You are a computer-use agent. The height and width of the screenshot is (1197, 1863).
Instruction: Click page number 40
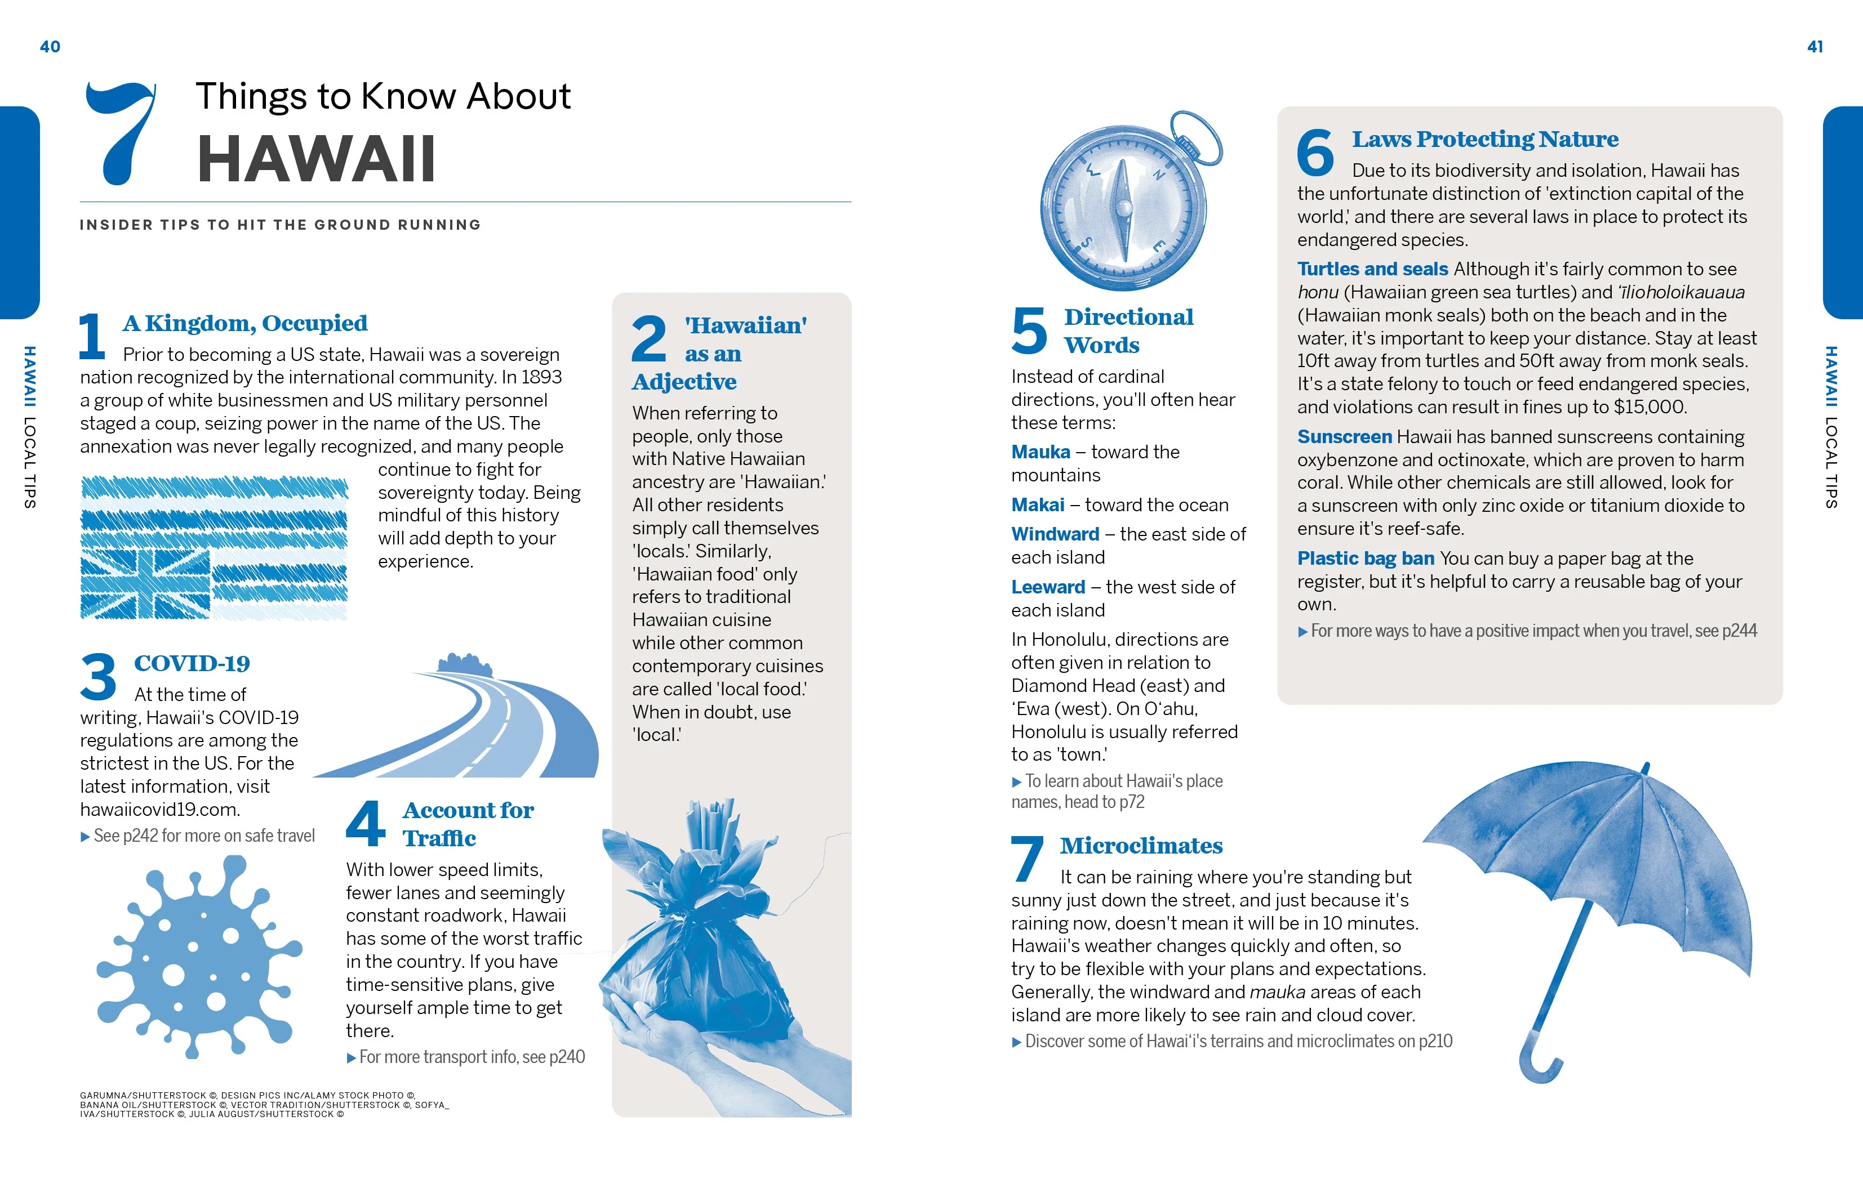pyautogui.click(x=50, y=47)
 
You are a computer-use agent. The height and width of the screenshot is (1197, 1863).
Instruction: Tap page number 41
pyautogui.click(x=1815, y=47)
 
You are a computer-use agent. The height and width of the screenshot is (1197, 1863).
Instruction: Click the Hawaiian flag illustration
pyautogui.click(x=214, y=548)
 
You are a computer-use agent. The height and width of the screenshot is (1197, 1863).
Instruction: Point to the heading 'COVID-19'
pyautogui.click(x=192, y=664)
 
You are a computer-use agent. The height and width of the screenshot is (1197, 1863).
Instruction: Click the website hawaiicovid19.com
pyautogui.click(x=160, y=809)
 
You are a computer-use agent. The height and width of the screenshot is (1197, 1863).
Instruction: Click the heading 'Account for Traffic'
pyautogui.click(x=468, y=824)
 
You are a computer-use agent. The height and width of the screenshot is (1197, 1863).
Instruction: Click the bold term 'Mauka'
pyautogui.click(x=1041, y=452)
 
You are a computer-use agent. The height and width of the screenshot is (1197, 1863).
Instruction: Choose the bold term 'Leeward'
pyautogui.click(x=1047, y=588)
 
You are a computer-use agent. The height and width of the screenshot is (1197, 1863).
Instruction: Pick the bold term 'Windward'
pyautogui.click(x=1055, y=535)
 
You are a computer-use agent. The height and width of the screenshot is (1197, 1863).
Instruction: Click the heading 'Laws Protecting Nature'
pyautogui.click(x=1484, y=139)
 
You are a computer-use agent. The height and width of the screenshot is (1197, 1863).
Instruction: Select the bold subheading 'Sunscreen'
pyautogui.click(x=1344, y=437)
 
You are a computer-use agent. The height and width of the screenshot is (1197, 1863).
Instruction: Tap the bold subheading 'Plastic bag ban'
pyautogui.click(x=1366, y=559)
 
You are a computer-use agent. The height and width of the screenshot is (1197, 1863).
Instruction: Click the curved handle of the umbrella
pyautogui.click(x=1536, y=1065)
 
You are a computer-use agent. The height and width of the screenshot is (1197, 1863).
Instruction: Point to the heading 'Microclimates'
pyautogui.click(x=1141, y=846)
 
